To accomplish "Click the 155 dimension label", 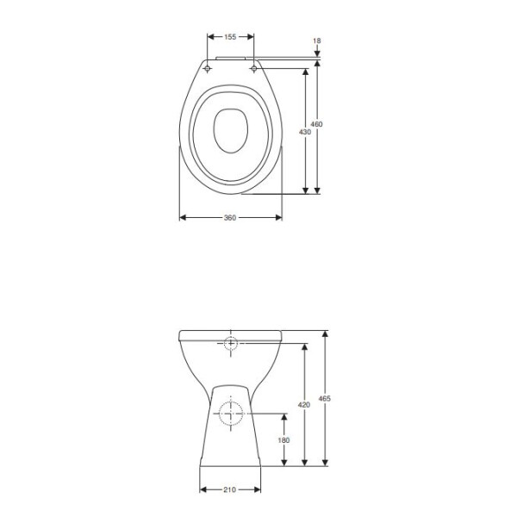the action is tap(230, 37).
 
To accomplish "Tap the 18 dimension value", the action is tap(317, 40).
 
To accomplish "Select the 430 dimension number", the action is tap(305, 132).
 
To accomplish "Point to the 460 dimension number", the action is tap(316, 124).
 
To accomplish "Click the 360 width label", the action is tap(230, 218).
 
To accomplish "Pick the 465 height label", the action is tap(325, 399).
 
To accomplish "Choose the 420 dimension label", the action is tap(304, 405).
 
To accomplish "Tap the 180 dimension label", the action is tap(283, 440).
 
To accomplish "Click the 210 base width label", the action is tap(229, 489).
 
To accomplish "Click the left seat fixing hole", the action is tap(208, 69).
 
